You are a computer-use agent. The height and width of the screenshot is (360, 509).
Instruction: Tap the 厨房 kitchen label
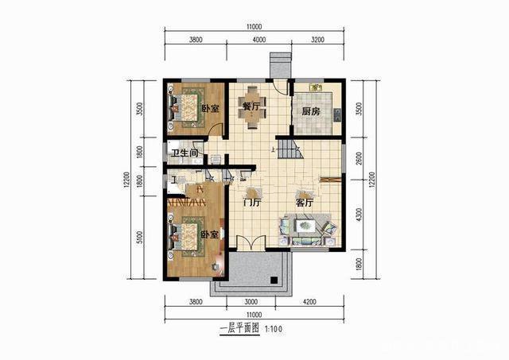point(310,111)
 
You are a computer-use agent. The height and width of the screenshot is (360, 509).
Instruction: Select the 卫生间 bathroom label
point(185,153)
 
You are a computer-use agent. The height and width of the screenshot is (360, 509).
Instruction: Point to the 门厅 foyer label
point(252,203)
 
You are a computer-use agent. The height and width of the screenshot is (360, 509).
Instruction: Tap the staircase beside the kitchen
point(292,150)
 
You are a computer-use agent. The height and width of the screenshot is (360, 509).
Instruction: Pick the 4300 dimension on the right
point(359,215)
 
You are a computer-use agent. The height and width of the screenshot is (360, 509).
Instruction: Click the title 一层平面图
point(235,327)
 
